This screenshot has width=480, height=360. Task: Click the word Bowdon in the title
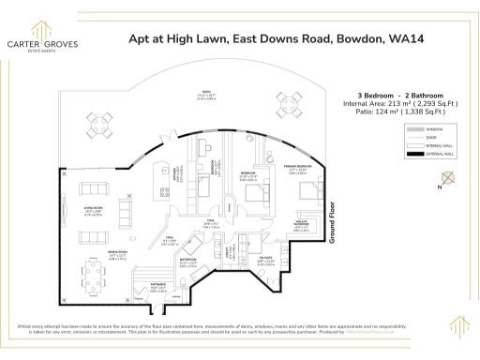(329, 39)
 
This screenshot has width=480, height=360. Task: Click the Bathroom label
(187, 262)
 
